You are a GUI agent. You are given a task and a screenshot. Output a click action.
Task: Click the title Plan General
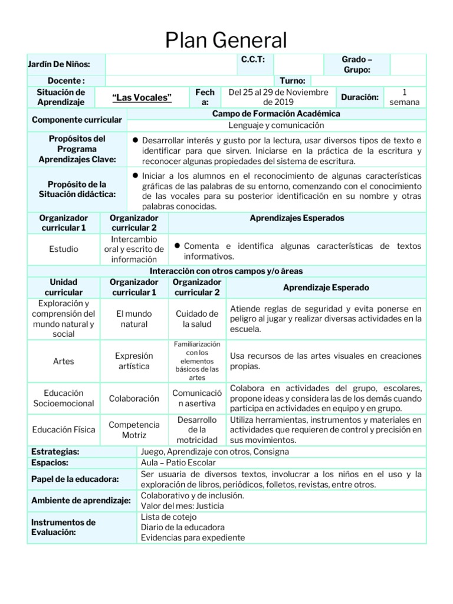[x=226, y=40]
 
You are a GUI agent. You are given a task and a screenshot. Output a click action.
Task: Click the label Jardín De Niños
[x=59, y=64]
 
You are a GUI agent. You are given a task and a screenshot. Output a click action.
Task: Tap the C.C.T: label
[x=253, y=59]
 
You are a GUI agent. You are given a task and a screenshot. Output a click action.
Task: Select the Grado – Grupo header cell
[x=357, y=64]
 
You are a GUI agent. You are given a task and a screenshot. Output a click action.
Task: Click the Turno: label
[x=293, y=80]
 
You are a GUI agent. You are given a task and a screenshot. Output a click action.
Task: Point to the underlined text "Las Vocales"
[x=142, y=97]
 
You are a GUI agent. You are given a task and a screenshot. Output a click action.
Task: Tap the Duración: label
[x=359, y=97]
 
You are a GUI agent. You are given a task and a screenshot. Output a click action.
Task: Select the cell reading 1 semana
[x=404, y=97]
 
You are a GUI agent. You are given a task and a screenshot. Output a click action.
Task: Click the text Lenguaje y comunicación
[x=277, y=125]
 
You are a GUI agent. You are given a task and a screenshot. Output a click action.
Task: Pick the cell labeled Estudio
[x=64, y=249]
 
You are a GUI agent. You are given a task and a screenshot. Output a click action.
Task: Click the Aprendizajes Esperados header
[x=297, y=218]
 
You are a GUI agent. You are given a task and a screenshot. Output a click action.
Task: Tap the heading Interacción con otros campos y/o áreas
[x=226, y=271]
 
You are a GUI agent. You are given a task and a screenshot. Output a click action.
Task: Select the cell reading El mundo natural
[x=134, y=319]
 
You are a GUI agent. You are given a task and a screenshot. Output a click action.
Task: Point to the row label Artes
[x=64, y=361]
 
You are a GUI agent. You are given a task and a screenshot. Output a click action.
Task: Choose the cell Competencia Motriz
[x=134, y=430]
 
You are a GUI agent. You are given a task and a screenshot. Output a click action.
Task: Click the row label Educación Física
[x=64, y=430]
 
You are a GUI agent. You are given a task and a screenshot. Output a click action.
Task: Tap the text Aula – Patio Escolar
[x=179, y=462]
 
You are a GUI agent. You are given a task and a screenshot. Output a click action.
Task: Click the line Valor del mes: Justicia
[x=182, y=505]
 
